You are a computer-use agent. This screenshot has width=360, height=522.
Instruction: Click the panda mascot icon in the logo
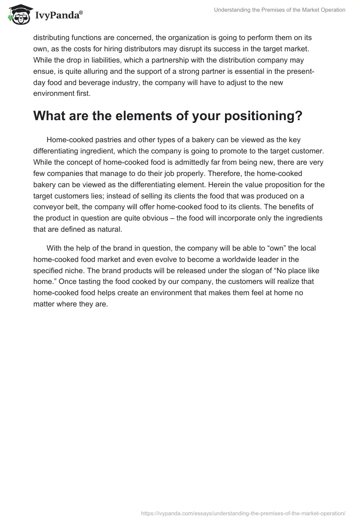coord(18,15)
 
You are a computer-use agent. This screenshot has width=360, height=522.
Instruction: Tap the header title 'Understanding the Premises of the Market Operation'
coord(279,10)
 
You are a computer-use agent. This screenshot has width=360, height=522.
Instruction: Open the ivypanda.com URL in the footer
coord(243,513)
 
